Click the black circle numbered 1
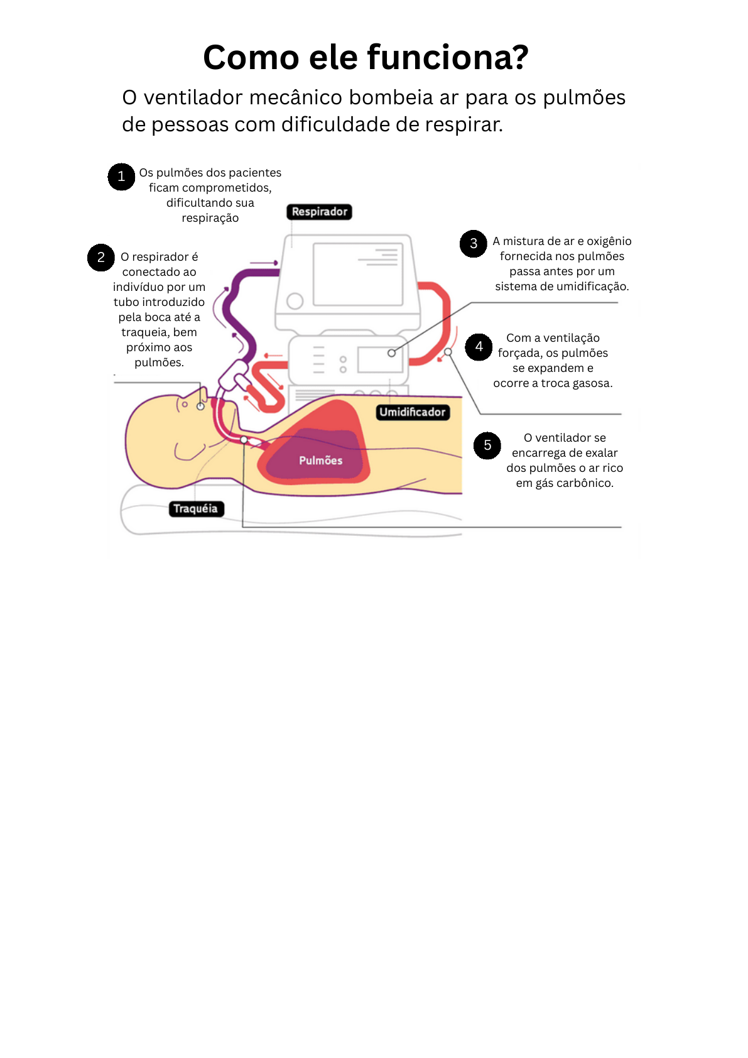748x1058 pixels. click(121, 177)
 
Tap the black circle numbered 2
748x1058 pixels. click(100, 258)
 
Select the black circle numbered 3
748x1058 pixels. click(474, 244)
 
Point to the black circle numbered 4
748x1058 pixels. click(479, 347)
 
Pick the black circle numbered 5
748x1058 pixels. click(487, 445)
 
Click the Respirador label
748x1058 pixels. click(319, 212)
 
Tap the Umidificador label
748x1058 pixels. click(413, 412)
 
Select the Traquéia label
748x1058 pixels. click(195, 509)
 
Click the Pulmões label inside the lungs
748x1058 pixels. click(320, 461)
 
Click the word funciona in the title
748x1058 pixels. click(447, 58)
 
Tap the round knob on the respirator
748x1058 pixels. click(295, 301)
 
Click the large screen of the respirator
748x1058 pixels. click(358, 274)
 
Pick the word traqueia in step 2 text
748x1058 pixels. click(144, 332)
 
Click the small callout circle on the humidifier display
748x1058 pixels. click(391, 353)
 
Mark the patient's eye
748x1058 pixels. click(185, 405)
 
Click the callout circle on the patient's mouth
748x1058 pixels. click(200, 406)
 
